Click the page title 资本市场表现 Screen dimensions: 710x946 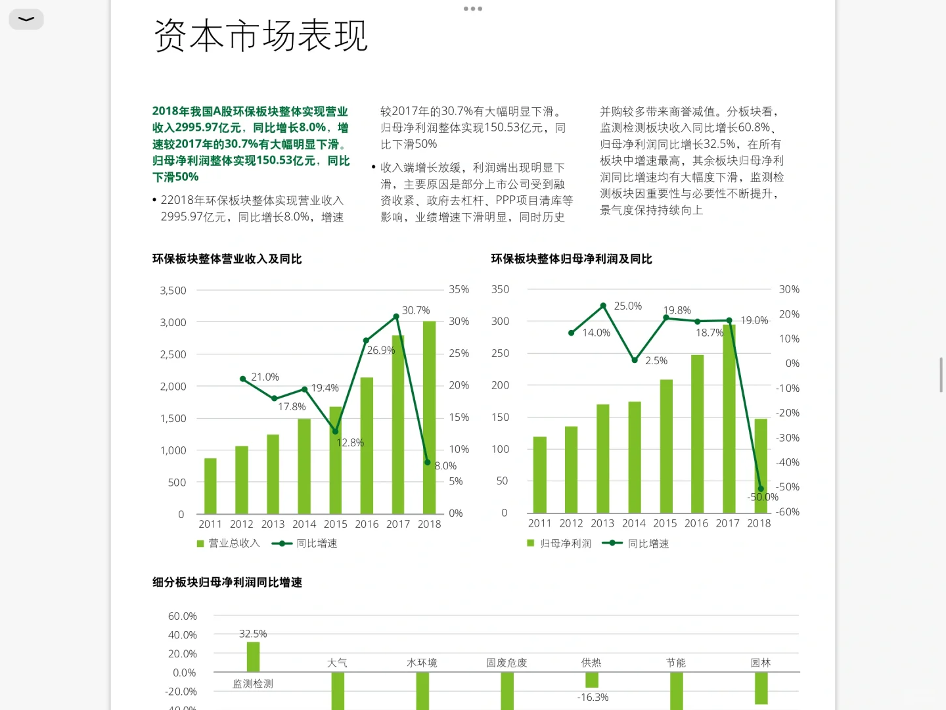point(260,35)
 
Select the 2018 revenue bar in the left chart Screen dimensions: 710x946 point(429,417)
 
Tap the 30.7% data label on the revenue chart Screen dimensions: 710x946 point(416,310)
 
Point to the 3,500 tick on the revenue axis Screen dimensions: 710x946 point(173,291)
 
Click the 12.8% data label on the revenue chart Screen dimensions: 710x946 point(349,443)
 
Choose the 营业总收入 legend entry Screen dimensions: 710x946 point(229,543)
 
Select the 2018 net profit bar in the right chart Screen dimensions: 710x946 point(761,465)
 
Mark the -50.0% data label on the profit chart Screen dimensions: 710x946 point(763,497)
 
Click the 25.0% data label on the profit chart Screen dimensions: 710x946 point(627,306)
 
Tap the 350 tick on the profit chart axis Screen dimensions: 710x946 point(500,289)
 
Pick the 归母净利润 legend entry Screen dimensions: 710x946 point(560,544)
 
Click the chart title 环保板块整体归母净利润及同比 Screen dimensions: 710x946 point(572,259)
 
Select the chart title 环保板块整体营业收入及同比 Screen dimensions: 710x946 point(227,259)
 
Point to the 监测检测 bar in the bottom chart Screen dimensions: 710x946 point(253,657)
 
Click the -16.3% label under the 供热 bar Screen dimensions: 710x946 point(593,698)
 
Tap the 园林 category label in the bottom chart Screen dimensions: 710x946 point(761,663)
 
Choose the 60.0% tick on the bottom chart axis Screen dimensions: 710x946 point(182,617)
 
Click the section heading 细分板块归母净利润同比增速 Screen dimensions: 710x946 point(227,582)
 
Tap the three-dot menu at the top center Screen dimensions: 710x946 point(473,9)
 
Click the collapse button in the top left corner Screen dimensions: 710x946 point(26,19)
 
